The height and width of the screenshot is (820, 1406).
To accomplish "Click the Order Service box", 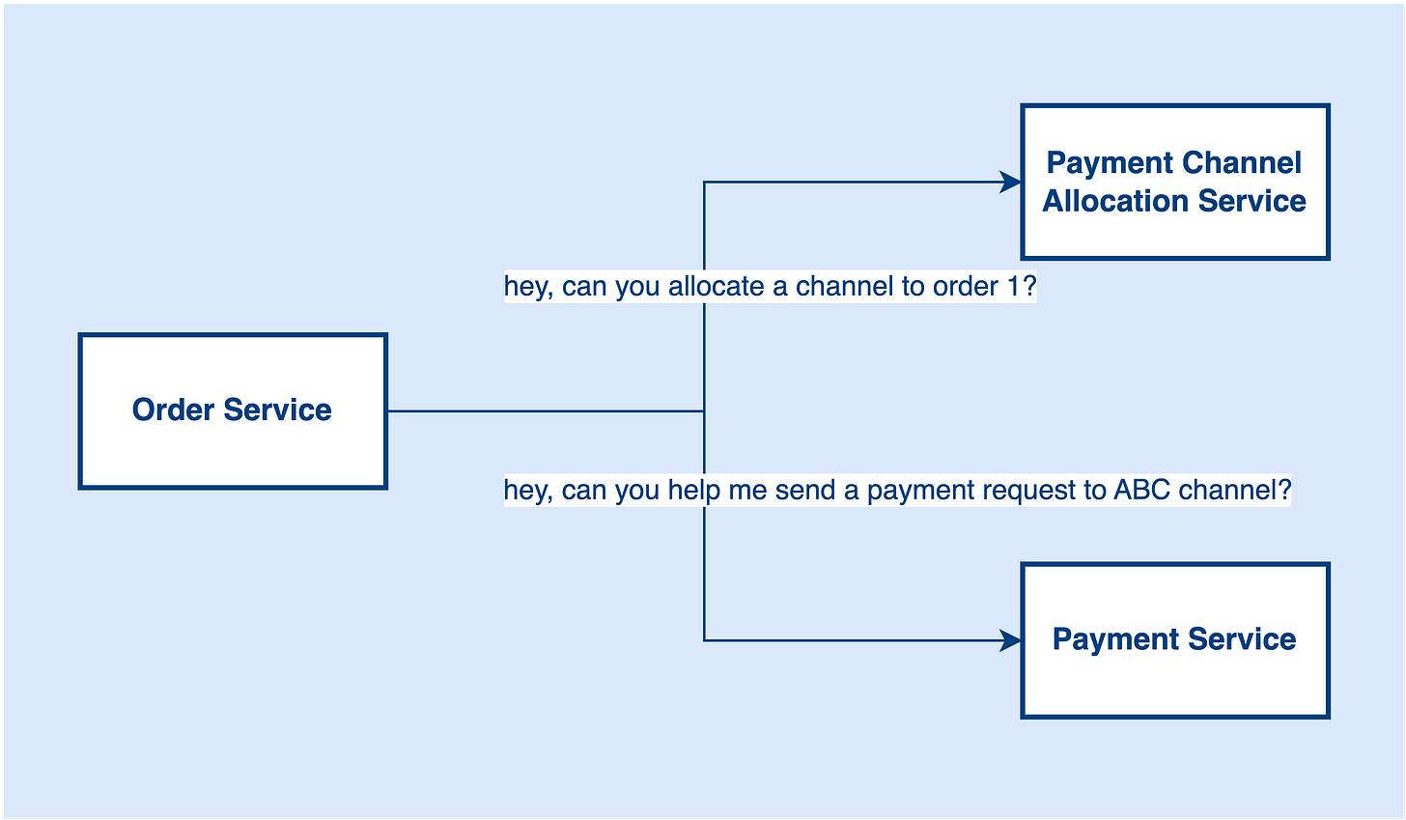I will coord(232,444).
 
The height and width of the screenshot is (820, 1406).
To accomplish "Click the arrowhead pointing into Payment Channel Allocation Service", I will coord(1012,182).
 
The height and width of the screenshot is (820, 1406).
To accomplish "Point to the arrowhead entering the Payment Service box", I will coord(1012,640).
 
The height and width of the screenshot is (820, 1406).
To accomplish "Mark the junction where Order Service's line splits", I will coord(704,411).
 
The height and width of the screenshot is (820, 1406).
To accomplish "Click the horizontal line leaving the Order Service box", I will coord(541,411).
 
